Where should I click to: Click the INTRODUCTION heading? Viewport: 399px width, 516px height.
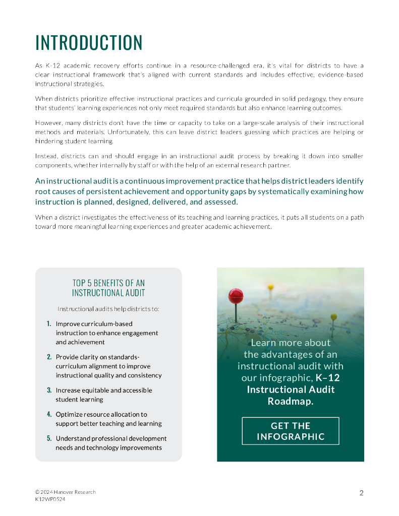(x=89, y=43)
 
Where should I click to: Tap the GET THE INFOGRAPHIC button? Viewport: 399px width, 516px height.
(x=290, y=431)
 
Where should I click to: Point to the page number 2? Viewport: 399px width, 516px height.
(x=361, y=493)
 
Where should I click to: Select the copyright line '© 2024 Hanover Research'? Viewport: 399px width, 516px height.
(x=65, y=492)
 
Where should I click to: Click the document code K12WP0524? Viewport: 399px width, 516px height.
(x=50, y=499)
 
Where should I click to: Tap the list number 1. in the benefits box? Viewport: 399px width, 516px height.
(x=49, y=324)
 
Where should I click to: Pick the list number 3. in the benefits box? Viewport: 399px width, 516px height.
(x=49, y=390)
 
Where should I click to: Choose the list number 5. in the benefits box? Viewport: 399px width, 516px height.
(x=49, y=438)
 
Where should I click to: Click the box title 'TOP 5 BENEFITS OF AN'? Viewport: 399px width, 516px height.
(x=108, y=283)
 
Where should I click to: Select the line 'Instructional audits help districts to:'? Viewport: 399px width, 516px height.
(x=108, y=308)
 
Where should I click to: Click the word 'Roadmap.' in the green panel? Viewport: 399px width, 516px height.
(x=290, y=402)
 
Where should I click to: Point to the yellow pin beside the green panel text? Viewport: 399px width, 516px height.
(x=333, y=317)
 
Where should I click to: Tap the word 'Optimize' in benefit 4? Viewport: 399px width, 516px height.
(x=68, y=414)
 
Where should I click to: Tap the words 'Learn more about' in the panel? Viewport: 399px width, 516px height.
(x=290, y=343)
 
